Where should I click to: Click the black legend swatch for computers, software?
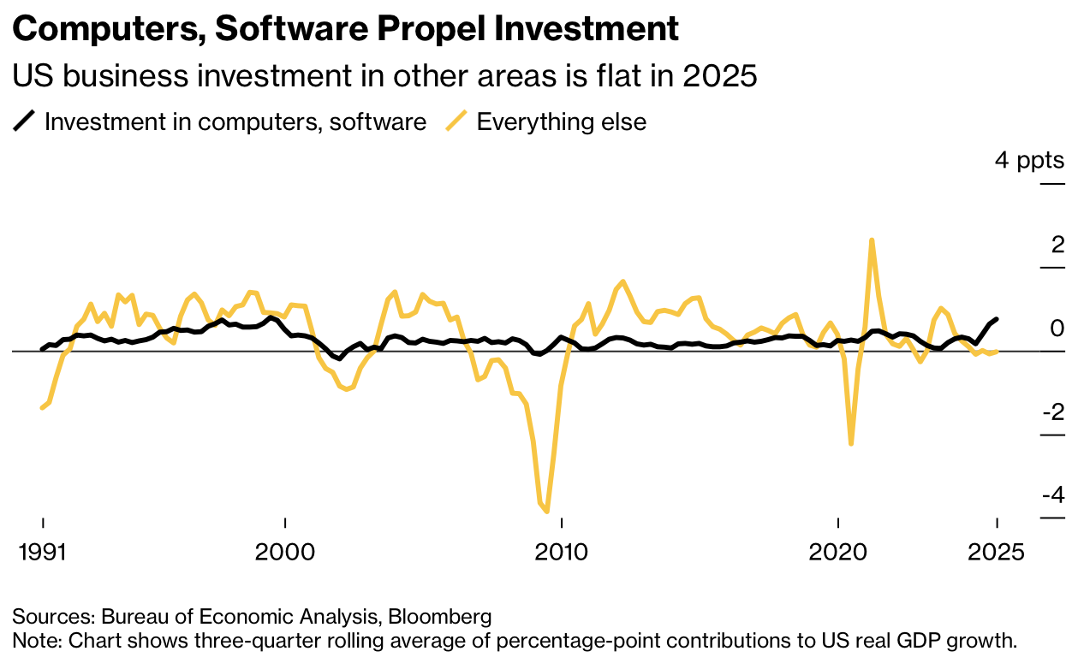tap(24, 121)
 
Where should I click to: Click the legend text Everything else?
tap(561, 121)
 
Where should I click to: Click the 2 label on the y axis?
tap(1057, 245)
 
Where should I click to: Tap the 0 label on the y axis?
tap(1057, 329)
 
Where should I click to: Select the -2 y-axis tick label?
tap(1053, 412)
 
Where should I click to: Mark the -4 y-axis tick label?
tap(1053, 495)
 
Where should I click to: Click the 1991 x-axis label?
tap(42, 552)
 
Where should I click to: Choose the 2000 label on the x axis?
tap(285, 552)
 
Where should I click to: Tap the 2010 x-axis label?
tap(562, 552)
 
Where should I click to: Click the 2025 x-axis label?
tap(997, 552)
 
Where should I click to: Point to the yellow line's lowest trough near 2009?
tap(546, 512)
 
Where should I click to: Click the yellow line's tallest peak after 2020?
tap(872, 240)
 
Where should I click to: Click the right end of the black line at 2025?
tap(997, 319)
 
